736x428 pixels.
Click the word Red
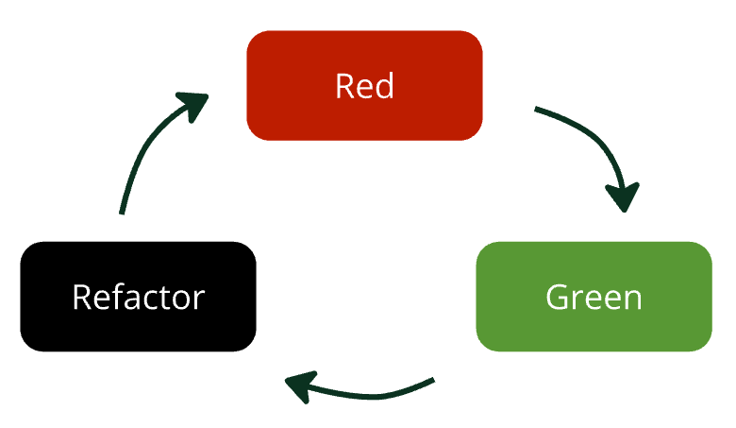[x=364, y=86]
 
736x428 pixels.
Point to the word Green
[x=594, y=297]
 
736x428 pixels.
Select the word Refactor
[x=138, y=297]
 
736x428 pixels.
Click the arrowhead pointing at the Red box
[x=195, y=103]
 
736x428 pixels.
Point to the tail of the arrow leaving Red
[x=539, y=111]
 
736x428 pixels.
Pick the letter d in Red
[x=383, y=86]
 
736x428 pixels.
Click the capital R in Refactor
[x=81, y=297]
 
